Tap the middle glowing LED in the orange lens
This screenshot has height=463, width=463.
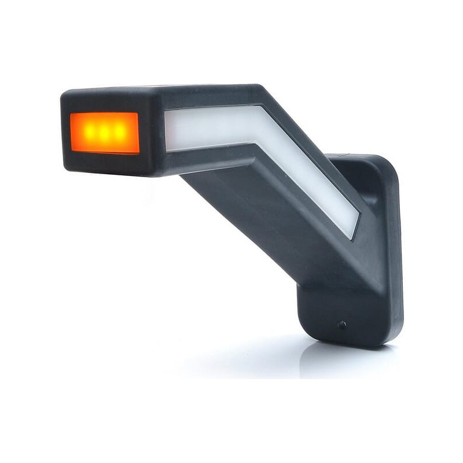coord(104,132)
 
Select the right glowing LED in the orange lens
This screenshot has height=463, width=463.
coord(120,132)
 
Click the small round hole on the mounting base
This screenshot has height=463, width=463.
coord(343,325)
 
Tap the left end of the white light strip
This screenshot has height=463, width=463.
coord(169,128)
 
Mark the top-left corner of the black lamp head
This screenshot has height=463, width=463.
coord(63,94)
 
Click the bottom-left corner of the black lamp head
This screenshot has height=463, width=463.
coord(65,168)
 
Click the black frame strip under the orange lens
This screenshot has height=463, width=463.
coord(104,162)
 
